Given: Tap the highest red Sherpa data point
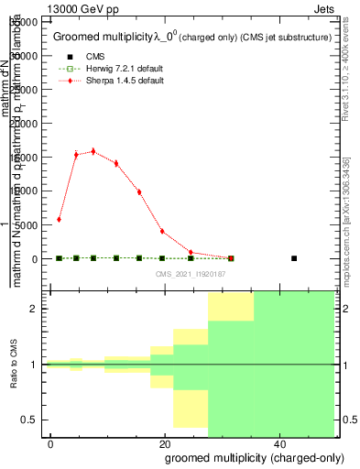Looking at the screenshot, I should (x=93, y=151).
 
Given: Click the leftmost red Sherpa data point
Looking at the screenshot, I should (x=59, y=220).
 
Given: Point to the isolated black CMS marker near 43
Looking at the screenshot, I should (x=294, y=258).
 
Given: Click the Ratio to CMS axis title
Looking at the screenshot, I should (x=14, y=365).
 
